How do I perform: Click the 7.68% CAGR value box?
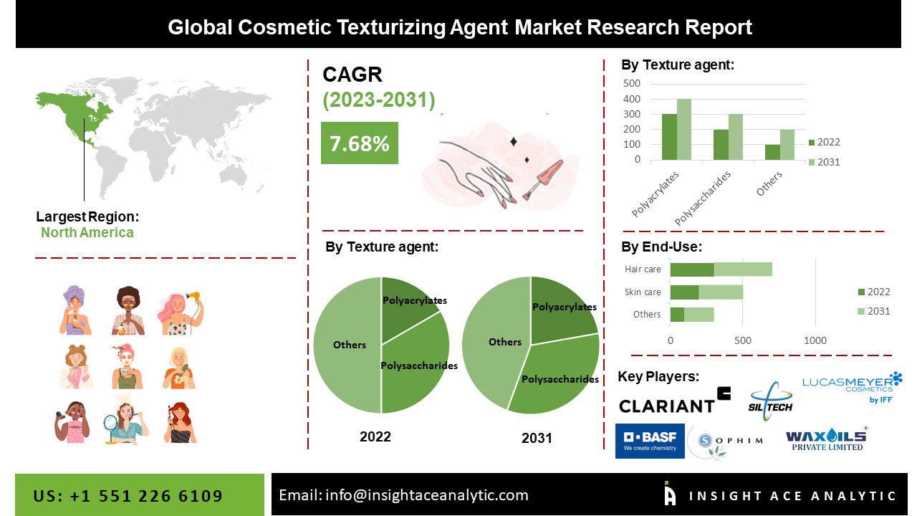pyautogui.click(x=360, y=143)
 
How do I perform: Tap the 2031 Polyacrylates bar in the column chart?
pyautogui.click(x=684, y=130)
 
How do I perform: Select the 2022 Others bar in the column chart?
pyautogui.click(x=772, y=153)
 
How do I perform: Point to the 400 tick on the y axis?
pyautogui.click(x=632, y=99)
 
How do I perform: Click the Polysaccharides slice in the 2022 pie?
pyautogui.click(x=413, y=365)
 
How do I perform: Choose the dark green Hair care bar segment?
pyautogui.click(x=692, y=269)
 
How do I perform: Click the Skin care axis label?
pyautogui.click(x=643, y=292)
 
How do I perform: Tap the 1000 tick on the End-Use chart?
pyautogui.click(x=815, y=340)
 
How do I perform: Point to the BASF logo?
pyautogui.click(x=650, y=441)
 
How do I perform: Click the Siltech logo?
pyautogui.click(x=770, y=401)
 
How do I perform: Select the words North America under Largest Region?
pyautogui.click(x=87, y=233)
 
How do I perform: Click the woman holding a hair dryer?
pyautogui.click(x=180, y=313)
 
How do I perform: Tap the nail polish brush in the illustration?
pyautogui.click(x=542, y=179)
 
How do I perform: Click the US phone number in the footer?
pyautogui.click(x=128, y=496)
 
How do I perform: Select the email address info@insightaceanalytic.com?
pyautogui.click(x=427, y=495)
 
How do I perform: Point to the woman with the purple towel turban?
pyautogui.click(x=75, y=310)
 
